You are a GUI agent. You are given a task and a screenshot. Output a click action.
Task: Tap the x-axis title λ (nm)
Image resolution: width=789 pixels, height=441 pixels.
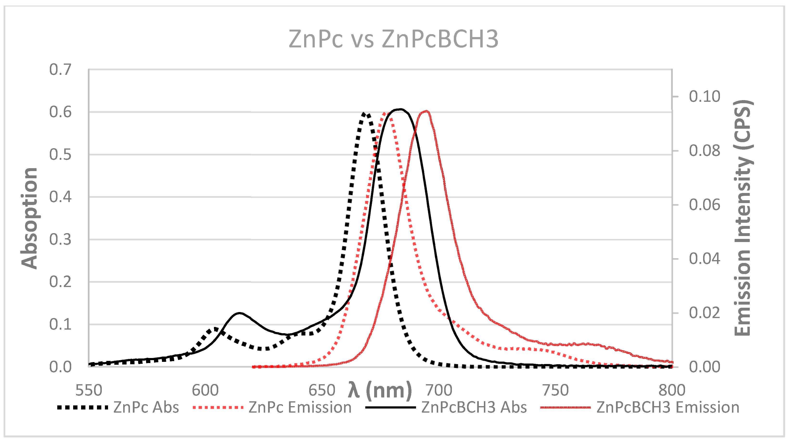click(x=380, y=390)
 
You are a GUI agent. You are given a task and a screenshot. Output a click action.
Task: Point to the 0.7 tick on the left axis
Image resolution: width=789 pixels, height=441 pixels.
click(x=60, y=70)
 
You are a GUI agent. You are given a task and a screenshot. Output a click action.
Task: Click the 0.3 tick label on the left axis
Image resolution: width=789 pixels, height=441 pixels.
click(x=60, y=239)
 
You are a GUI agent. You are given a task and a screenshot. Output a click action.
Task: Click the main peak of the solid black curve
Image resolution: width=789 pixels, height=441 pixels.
click(x=400, y=109)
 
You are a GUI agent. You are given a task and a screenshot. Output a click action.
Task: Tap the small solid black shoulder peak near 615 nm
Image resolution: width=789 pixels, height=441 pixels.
click(x=240, y=313)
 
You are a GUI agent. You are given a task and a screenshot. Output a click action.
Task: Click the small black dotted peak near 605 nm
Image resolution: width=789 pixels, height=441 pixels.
click(x=216, y=329)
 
